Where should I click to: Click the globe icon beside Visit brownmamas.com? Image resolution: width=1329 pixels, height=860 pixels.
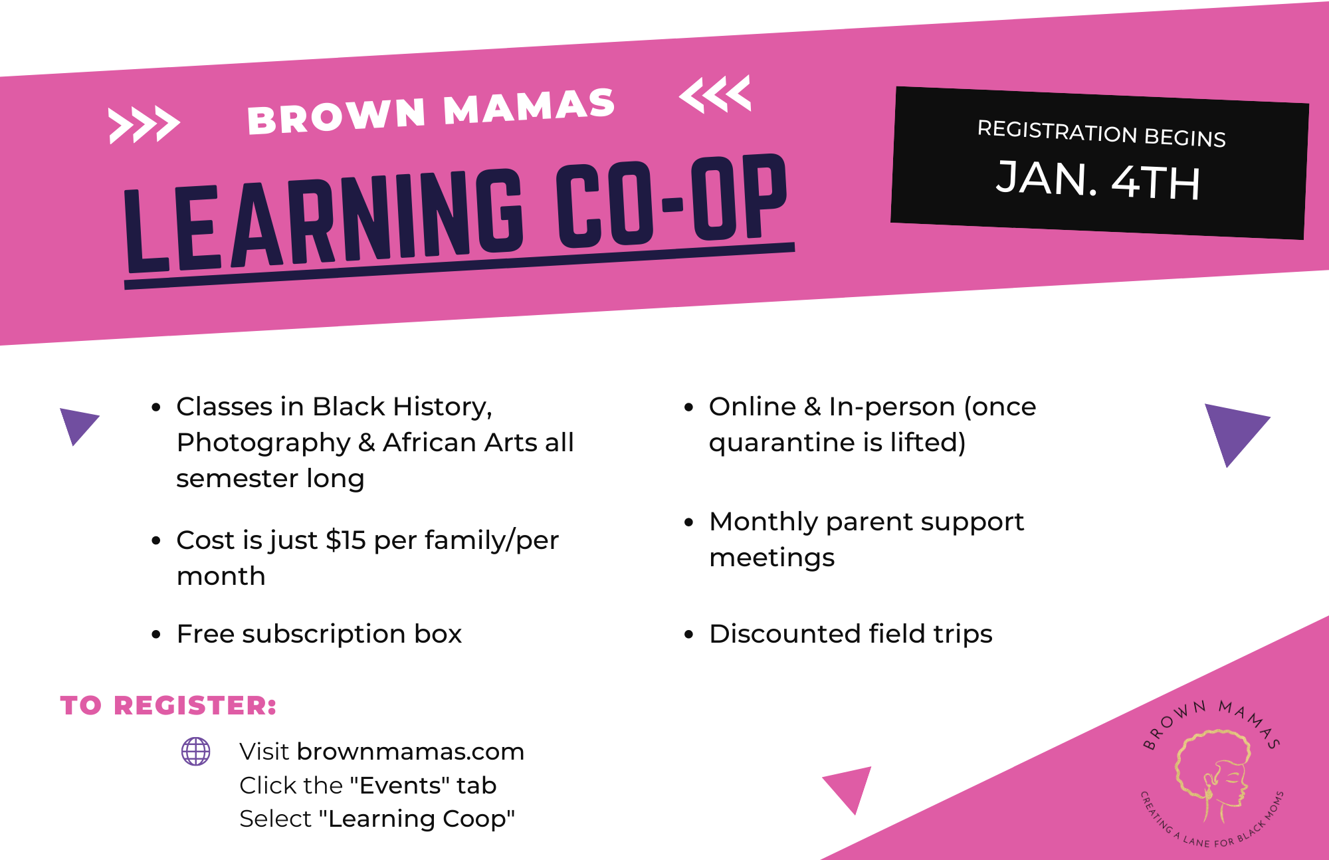coord(196,752)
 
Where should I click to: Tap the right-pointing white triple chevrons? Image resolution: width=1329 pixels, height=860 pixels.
coord(144,124)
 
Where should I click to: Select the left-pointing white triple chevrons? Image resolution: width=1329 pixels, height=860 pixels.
coord(715,94)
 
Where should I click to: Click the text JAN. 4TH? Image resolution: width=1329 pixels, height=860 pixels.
coord(1098,180)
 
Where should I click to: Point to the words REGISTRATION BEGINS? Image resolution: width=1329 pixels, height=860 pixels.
coord(1101,133)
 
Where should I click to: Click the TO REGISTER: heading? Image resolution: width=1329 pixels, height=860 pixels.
coord(168,706)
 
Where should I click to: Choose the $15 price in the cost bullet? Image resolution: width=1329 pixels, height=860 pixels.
coord(346,540)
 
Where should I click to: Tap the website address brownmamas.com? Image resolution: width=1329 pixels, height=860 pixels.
coord(411,752)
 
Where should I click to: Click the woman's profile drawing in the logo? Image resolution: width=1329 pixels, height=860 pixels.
coord(1213,774)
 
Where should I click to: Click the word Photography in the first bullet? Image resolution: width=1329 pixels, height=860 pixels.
coord(263,443)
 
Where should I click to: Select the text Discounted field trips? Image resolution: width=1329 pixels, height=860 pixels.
coord(851,634)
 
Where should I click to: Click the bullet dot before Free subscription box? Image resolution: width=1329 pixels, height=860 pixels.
coord(156,635)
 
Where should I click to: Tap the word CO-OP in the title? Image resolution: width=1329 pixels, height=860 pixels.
coord(671,203)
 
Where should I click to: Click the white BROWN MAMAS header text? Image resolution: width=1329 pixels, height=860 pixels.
coord(431,112)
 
